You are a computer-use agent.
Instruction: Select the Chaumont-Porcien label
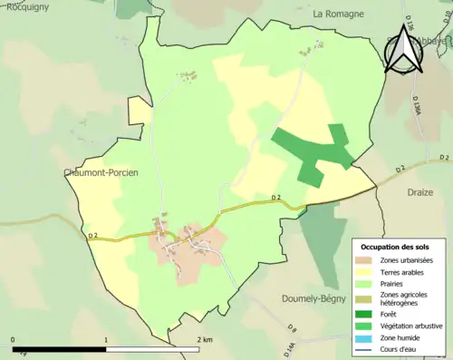[101, 172]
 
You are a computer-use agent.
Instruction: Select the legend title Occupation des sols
[397, 246]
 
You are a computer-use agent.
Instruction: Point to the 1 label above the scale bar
[107, 340]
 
